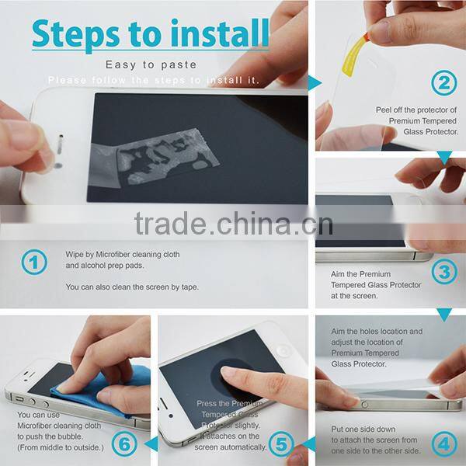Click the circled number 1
point(33,263)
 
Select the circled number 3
point(443,272)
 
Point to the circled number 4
point(443,443)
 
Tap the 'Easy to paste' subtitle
point(151,64)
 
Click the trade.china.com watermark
point(233,223)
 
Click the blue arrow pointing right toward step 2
point(315,83)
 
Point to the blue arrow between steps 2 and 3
point(443,158)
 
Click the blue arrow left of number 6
point(151,443)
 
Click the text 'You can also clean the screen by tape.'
point(132,287)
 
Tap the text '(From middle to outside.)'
point(59,447)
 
